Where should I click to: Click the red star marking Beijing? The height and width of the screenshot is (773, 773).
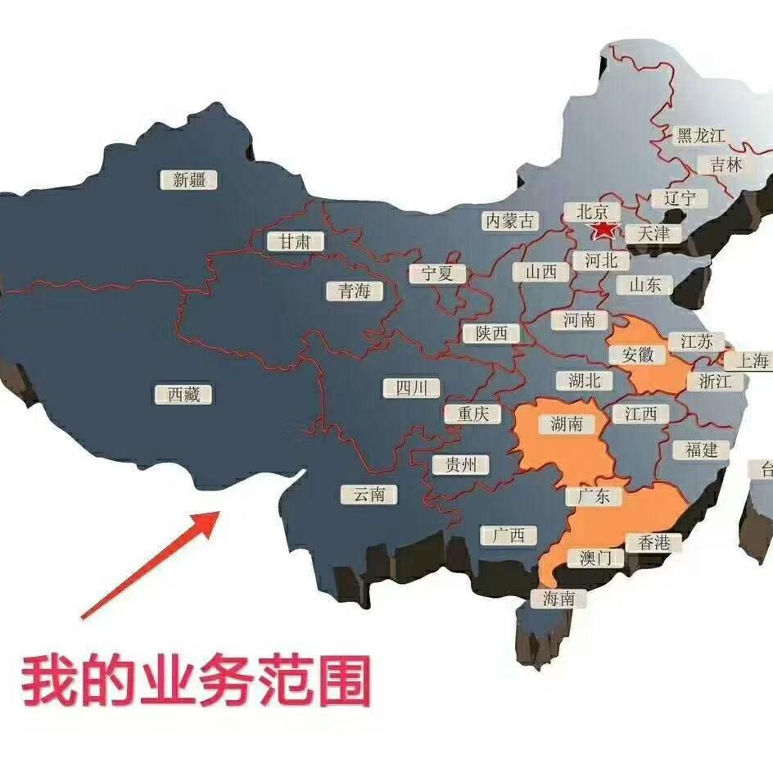click(603, 230)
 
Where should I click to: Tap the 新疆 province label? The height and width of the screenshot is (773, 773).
click(189, 180)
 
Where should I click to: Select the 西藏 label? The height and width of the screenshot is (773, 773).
click(183, 394)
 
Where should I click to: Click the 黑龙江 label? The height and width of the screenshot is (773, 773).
click(702, 136)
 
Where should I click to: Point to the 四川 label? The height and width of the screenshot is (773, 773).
click(412, 387)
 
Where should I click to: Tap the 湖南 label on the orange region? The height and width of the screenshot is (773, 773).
click(567, 423)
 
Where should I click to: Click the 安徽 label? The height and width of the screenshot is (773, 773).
click(638, 355)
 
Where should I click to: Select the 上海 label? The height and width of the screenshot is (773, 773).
click(752, 360)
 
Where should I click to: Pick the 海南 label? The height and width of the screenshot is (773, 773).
click(564, 599)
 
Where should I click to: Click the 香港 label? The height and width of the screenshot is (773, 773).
click(653, 542)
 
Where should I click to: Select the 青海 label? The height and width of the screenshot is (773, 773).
click(354, 291)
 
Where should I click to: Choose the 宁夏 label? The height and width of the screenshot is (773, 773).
click(437, 273)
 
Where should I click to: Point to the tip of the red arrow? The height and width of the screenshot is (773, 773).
click(219, 513)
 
